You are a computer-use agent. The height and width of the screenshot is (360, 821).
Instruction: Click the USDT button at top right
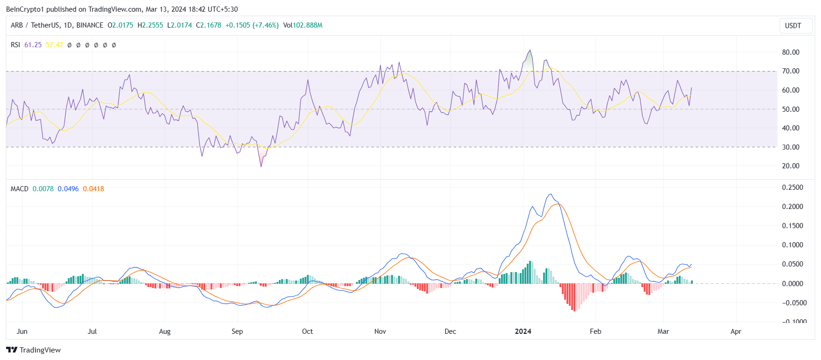pos(792,26)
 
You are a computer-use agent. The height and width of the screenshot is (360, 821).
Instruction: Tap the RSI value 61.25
pos(33,45)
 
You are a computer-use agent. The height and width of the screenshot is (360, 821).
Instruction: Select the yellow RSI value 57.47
pos(54,45)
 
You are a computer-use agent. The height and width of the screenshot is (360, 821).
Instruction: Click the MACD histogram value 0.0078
pos(43,189)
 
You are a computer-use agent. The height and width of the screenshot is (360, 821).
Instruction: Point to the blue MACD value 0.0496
pos(68,189)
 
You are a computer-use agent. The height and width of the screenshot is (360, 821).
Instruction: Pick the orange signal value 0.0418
pos(94,189)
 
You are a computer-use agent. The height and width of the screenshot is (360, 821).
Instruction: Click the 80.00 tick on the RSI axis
pos(791,52)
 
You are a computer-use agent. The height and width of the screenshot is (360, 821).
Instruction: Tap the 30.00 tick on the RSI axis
pos(791,147)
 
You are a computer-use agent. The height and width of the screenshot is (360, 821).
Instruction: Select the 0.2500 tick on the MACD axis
pos(792,187)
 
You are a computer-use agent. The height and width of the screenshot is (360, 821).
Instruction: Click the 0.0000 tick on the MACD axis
pos(792,284)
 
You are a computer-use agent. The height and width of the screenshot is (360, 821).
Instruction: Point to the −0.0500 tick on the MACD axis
pos(794,303)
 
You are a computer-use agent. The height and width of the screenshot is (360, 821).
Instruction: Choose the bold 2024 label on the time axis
pos(523,331)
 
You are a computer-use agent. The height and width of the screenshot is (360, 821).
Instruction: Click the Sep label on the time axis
pos(237,331)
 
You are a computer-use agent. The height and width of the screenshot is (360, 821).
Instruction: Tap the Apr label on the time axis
pos(736,331)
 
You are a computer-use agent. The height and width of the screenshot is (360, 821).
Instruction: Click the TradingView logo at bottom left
pos(34,350)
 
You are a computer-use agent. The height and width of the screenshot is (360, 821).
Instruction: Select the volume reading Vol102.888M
pos(303,25)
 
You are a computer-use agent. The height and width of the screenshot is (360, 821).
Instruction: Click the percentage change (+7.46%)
pos(265,25)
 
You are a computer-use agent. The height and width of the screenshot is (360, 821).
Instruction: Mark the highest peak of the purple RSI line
pos(530,50)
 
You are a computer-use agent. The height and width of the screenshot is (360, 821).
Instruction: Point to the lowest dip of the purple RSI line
pos(261,166)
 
